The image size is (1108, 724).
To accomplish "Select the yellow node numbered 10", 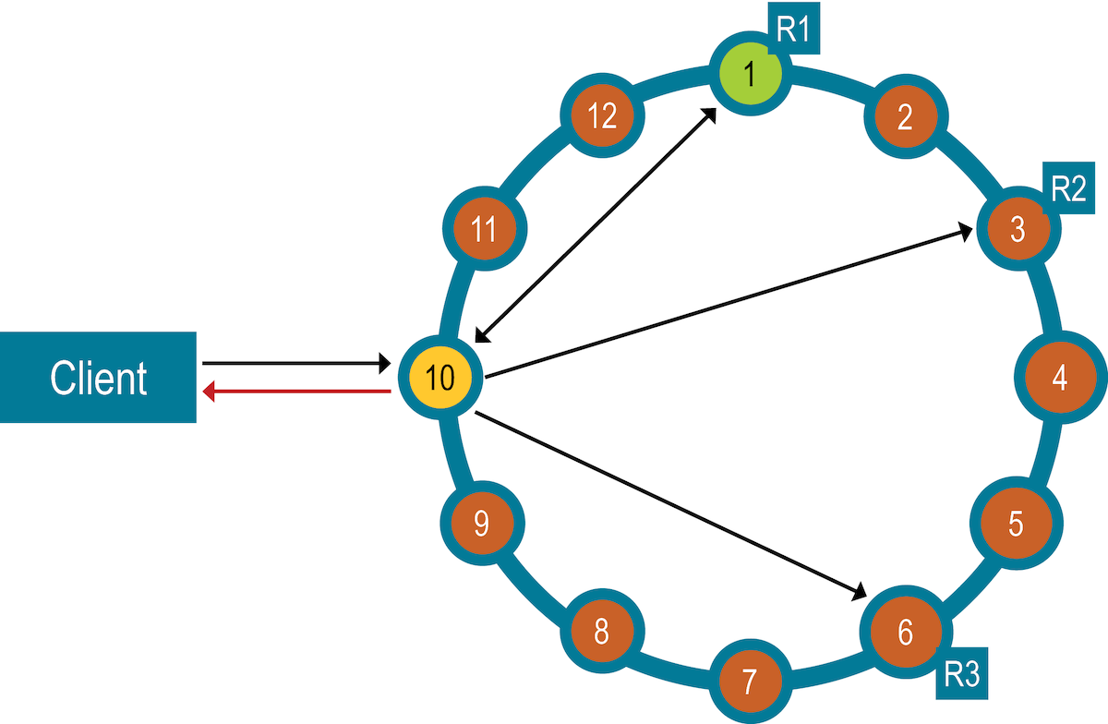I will coord(441,378).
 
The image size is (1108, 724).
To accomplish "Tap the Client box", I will coord(98,377).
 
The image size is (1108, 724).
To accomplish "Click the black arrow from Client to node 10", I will coord(295,363).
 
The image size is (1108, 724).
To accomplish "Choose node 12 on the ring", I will coord(602,116).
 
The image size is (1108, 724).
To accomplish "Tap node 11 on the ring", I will coord(485,229).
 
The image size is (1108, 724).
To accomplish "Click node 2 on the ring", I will coord(905,117).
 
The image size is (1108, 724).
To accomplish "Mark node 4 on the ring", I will coord(1059,378).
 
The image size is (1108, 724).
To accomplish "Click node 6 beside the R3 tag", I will coord(904,633).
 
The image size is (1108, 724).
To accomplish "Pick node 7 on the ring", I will coord(749,682).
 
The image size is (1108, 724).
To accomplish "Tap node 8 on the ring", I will coord(601,633).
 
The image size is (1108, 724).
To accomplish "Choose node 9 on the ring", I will coord(481,524).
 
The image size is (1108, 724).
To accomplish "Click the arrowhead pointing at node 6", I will coord(858,591).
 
